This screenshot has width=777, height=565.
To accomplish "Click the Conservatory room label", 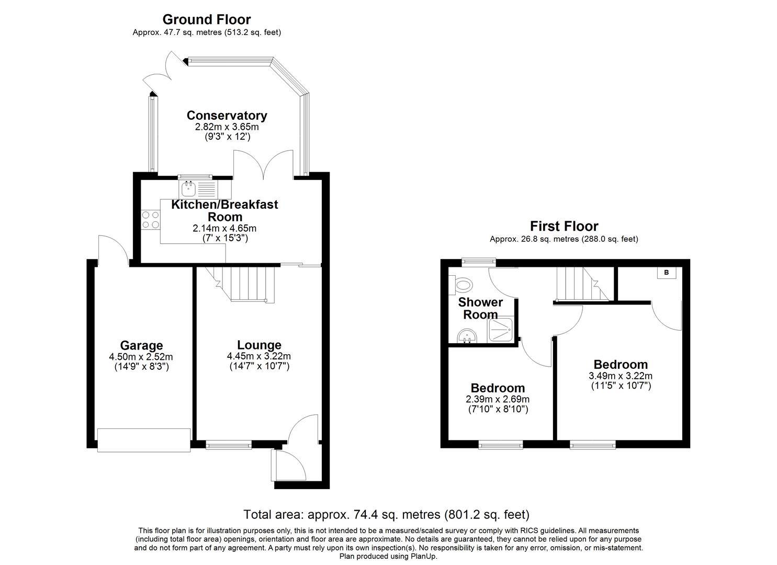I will click(x=227, y=116).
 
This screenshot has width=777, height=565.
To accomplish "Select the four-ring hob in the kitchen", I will click(x=151, y=219).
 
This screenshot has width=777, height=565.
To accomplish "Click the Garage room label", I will click(x=141, y=345).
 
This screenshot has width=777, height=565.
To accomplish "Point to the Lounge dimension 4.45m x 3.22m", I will click(x=259, y=356).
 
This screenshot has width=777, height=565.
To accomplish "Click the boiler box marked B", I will click(x=666, y=273).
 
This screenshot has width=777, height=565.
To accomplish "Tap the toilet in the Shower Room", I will click(x=463, y=286).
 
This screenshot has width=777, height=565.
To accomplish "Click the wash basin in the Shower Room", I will click(x=465, y=336).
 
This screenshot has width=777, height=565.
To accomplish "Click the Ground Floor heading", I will click(x=207, y=19).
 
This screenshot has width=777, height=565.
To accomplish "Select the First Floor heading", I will click(x=564, y=226).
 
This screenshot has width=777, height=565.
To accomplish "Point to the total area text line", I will click(x=387, y=514).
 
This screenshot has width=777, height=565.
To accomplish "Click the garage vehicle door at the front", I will click(x=144, y=440).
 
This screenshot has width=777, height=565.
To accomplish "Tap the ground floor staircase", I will click(x=246, y=284).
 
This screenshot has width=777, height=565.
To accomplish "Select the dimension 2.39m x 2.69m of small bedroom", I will click(x=498, y=399).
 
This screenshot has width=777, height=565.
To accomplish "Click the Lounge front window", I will click(x=229, y=445).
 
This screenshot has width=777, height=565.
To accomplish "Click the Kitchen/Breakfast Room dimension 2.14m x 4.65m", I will click(x=224, y=228).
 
